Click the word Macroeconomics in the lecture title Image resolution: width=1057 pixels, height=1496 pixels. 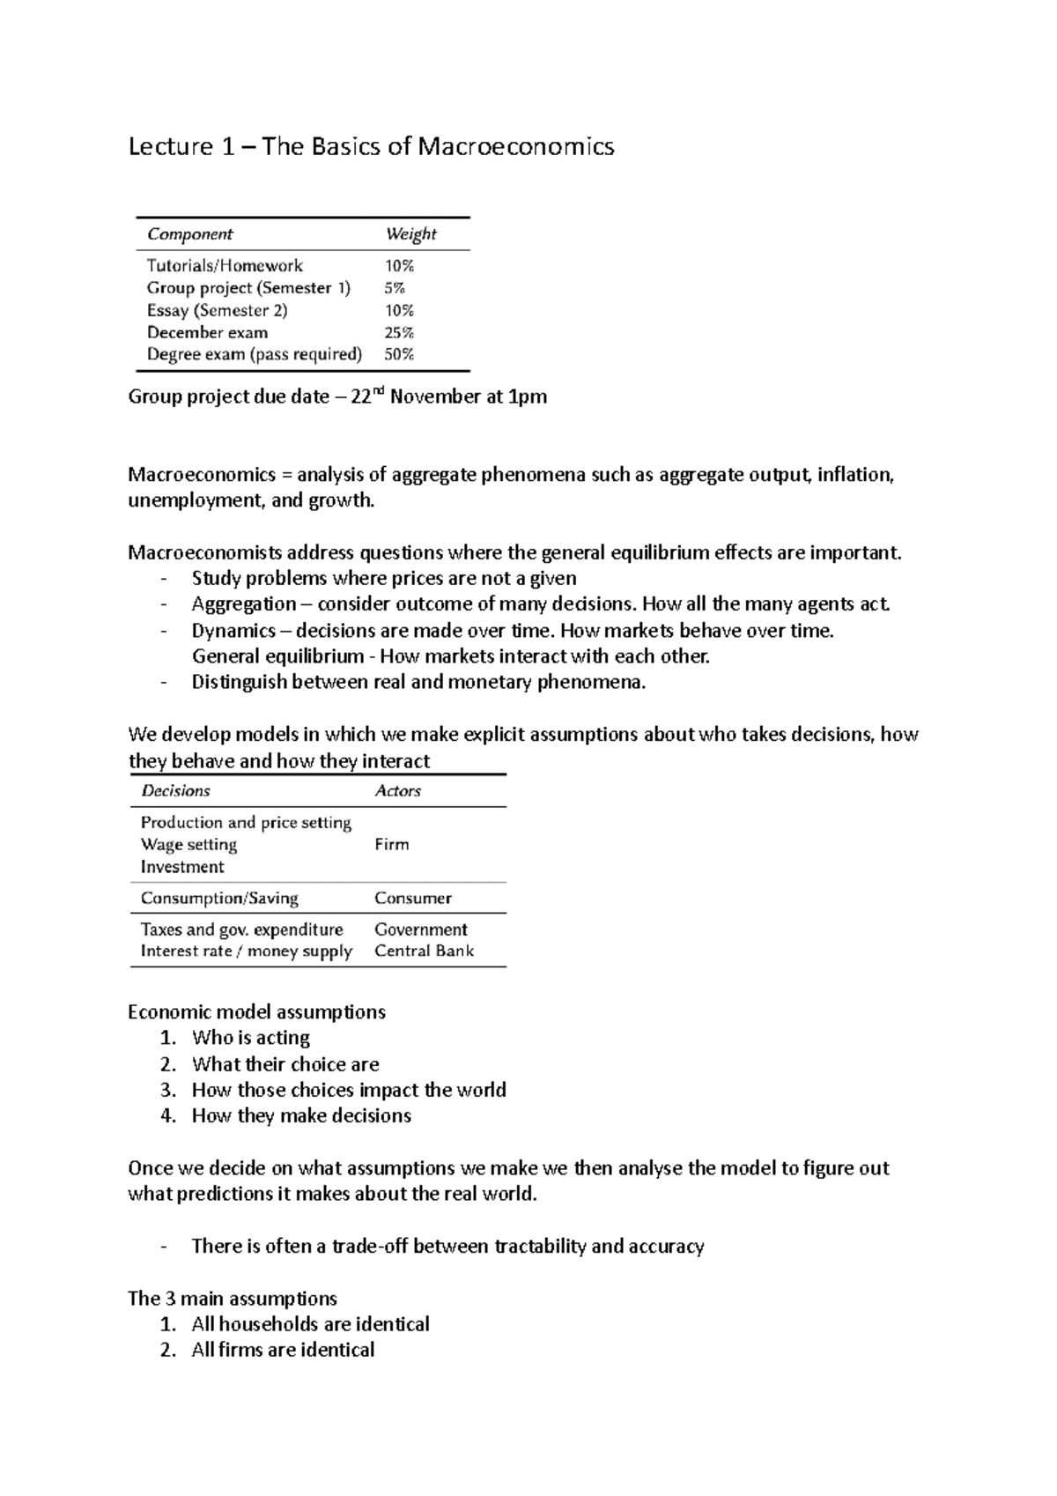[515, 146]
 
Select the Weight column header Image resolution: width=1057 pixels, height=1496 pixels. [410, 234]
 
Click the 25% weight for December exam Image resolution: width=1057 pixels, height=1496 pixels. [399, 333]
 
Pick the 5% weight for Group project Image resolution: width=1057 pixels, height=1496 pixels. [394, 288]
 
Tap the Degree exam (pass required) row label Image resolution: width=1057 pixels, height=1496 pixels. [255, 355]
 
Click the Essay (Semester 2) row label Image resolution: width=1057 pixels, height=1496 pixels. [217, 310]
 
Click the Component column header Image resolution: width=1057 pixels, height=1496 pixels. [189, 234]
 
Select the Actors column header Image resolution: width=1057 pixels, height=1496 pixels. [397, 791]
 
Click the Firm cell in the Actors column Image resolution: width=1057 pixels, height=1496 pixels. [391, 845]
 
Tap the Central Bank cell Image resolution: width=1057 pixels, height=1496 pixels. [424, 952]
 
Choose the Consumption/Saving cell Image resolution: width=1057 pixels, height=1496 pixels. [219, 899]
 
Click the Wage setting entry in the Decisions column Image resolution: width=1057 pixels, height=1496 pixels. [188, 845]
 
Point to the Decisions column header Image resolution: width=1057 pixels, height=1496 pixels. [175, 791]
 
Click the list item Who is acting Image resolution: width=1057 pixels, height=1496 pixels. [251, 1038]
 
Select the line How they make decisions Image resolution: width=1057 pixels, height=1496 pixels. [301, 1116]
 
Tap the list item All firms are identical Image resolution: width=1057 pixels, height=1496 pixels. [283, 1351]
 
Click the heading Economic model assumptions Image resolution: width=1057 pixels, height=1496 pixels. [256, 1012]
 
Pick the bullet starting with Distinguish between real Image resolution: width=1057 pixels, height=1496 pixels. [418, 683]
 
